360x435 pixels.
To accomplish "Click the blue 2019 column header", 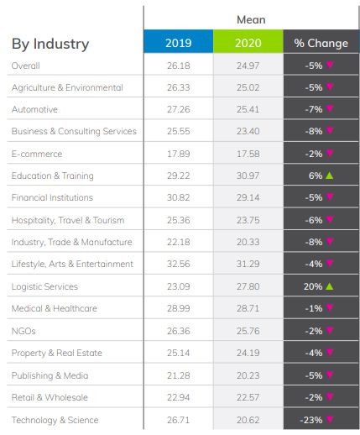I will pyautogui.click(x=178, y=43).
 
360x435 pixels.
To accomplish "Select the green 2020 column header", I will pyautogui.click(x=248, y=43).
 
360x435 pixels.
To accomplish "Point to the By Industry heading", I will pyautogui.click(x=50, y=44).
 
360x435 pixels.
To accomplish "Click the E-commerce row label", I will pyautogui.click(x=37, y=154).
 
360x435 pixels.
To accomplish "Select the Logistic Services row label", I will pyautogui.click(x=44, y=286).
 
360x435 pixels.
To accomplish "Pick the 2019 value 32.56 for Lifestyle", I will pyautogui.click(x=178, y=264).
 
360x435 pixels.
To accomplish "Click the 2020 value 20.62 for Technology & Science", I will pyautogui.click(x=248, y=420).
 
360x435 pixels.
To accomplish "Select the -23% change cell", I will pyautogui.click(x=315, y=420).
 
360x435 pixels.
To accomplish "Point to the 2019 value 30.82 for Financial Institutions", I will pyautogui.click(x=178, y=197).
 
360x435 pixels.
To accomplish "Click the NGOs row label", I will pyautogui.click(x=23, y=331).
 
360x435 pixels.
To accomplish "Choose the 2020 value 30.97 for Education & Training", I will pyautogui.click(x=248, y=176).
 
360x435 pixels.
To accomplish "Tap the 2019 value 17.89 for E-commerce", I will pyautogui.click(x=178, y=154).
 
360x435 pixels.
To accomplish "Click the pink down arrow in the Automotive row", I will pyautogui.click(x=330, y=109).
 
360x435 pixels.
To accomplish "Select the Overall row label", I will pyautogui.click(x=26, y=66).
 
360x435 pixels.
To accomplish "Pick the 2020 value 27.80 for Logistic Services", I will pyautogui.click(x=248, y=286).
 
